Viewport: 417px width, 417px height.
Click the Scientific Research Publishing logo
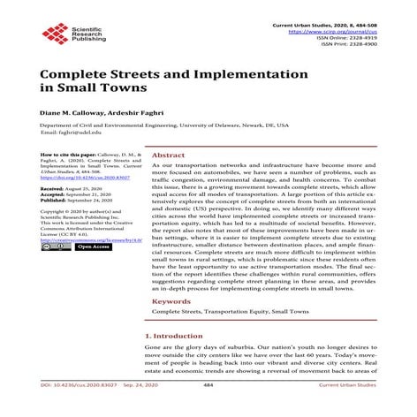[x=66, y=35]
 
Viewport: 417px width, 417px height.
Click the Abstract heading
[x=169, y=153]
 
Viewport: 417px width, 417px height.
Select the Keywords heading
[x=171, y=301]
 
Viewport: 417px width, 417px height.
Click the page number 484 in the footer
[x=208, y=409]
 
